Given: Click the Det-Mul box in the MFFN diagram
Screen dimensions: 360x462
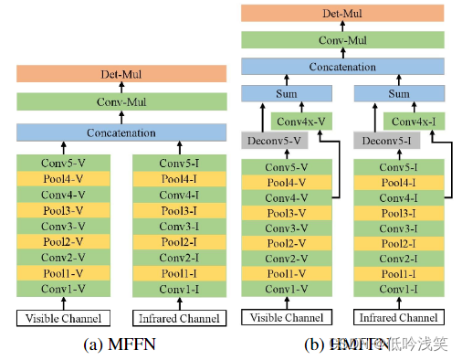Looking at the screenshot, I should (120, 73).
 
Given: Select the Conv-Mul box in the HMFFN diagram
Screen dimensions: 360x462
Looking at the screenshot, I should (342, 39).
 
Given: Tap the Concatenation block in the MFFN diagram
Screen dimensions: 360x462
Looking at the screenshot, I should (120, 132).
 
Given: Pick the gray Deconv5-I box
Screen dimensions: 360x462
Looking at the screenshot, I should (385, 141).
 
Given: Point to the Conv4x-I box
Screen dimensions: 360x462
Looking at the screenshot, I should (414, 120).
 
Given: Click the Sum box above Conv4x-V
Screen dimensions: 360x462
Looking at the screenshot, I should (286, 93).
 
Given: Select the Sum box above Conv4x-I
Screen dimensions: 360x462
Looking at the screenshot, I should (398, 93).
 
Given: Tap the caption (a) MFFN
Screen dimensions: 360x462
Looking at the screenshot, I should (121, 344).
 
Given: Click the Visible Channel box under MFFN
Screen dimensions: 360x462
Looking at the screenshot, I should (63, 319).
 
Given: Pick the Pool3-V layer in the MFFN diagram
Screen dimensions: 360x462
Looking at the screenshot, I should (63, 210).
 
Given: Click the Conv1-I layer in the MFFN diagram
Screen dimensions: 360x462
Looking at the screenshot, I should (178, 290).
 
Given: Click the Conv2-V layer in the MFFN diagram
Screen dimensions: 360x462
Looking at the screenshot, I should (63, 258).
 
